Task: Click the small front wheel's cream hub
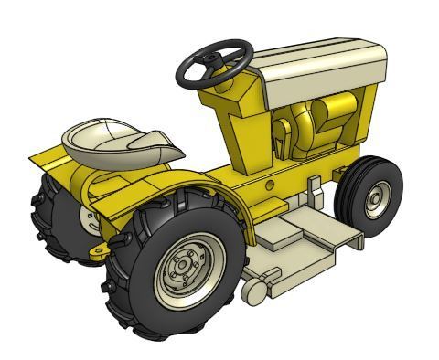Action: coord(377,196)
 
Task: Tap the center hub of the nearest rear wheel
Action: coord(182,266)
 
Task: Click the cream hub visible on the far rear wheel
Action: coord(89,217)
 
